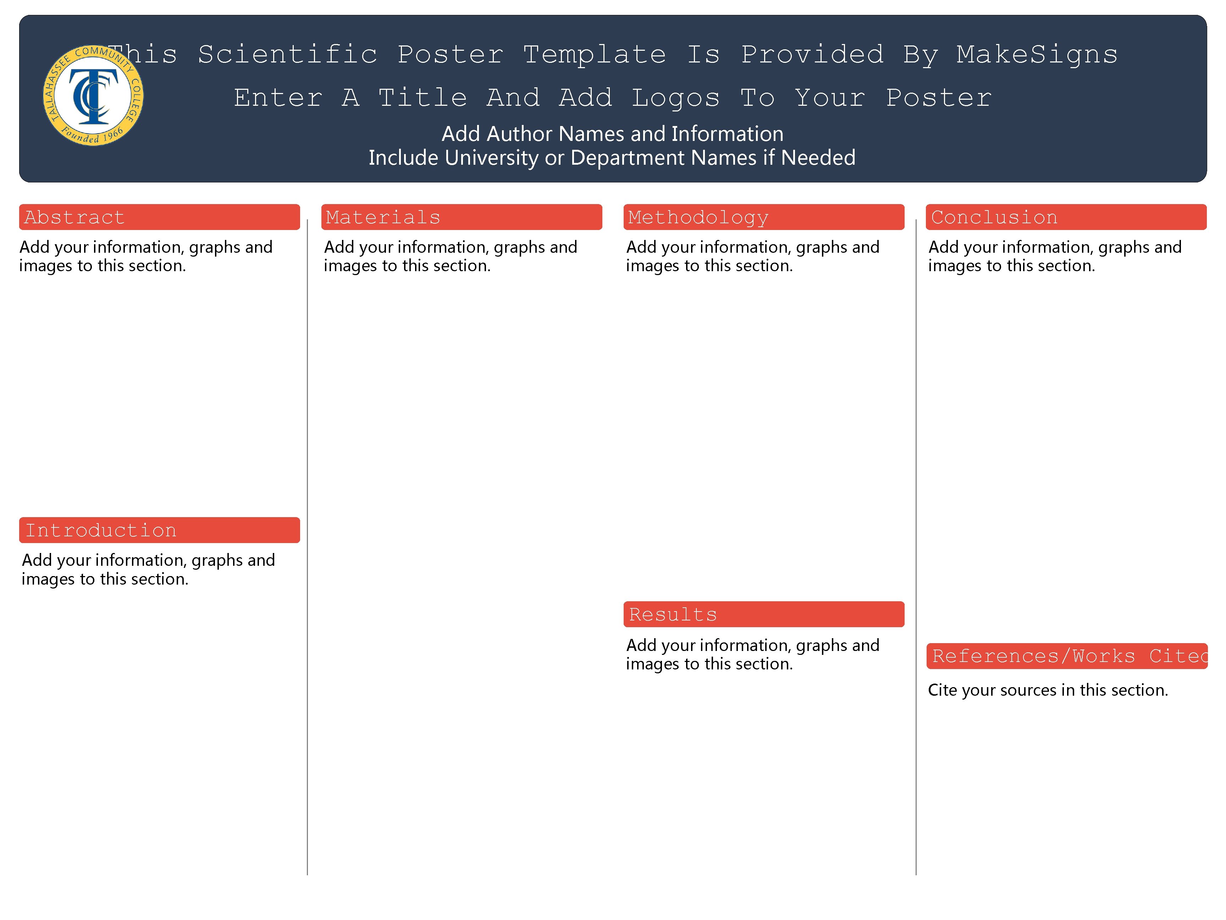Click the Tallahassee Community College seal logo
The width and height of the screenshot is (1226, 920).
click(93, 95)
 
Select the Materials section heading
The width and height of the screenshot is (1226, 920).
click(383, 217)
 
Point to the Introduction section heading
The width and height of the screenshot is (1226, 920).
click(101, 531)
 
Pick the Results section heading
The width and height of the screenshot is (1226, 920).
click(673, 614)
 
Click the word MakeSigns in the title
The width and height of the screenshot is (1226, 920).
click(1037, 54)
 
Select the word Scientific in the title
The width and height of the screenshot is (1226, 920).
click(288, 54)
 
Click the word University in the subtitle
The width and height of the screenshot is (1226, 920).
click(489, 158)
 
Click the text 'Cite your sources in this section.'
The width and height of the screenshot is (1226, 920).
click(1048, 690)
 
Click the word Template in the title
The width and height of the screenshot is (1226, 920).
click(594, 54)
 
